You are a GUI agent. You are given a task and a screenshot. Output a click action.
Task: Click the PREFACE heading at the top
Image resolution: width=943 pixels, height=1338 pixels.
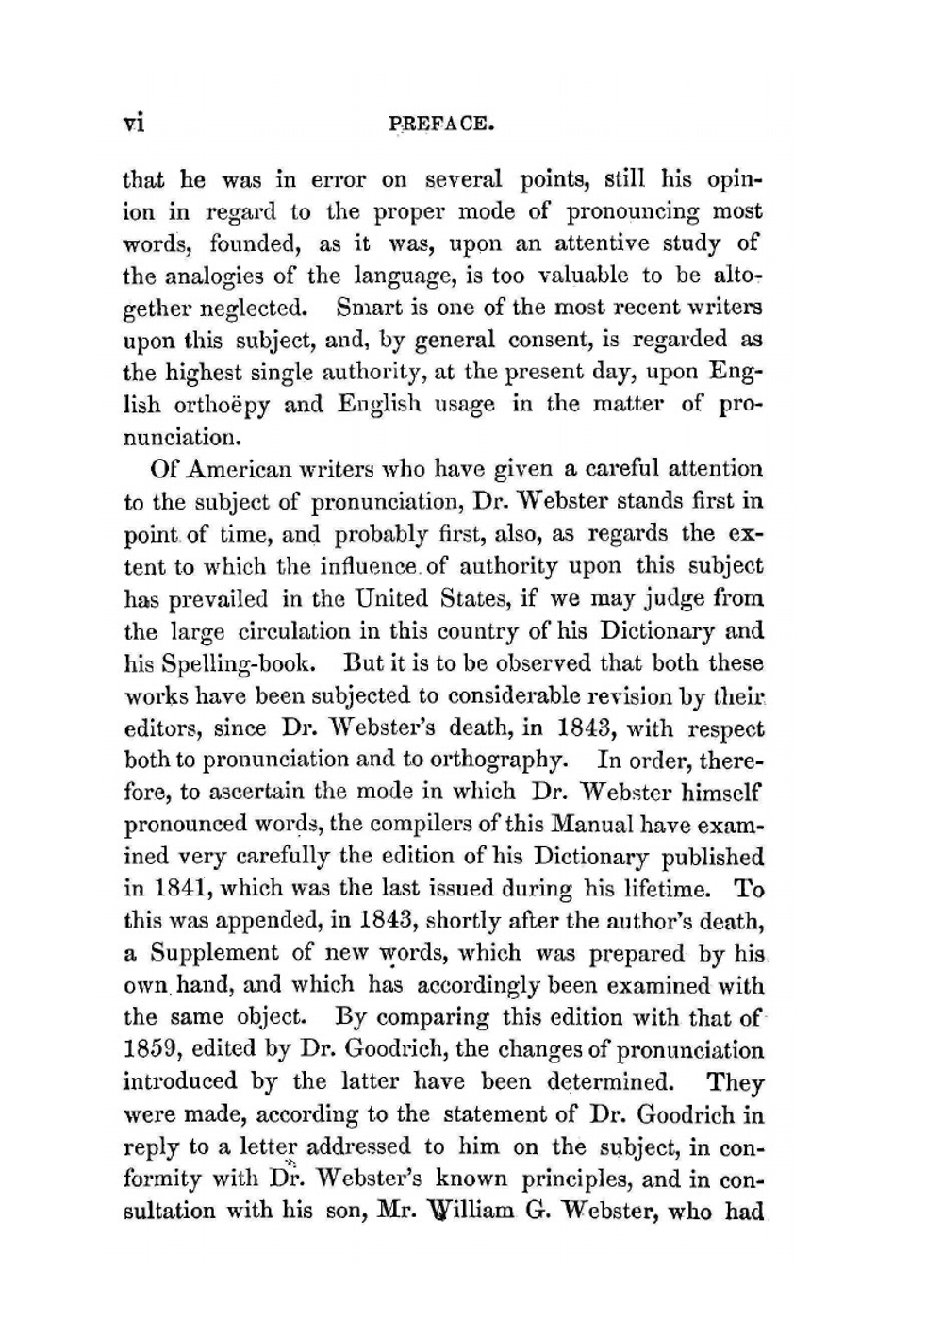coord(442,124)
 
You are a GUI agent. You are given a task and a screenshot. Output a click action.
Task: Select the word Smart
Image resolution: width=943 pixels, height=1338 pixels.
coord(370,308)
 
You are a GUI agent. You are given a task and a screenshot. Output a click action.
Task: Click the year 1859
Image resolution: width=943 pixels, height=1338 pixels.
coord(151,1050)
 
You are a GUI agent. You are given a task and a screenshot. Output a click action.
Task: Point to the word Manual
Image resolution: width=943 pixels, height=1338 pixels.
coord(590,824)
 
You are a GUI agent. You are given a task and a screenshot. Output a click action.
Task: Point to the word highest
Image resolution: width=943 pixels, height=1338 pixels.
coord(209,372)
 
